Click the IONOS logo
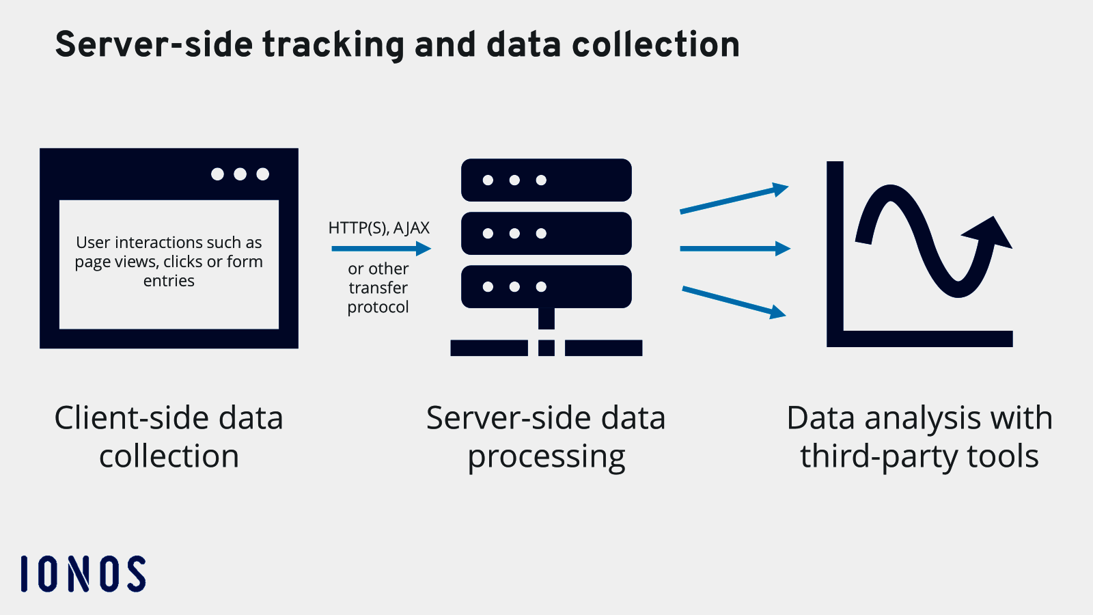pos(83,573)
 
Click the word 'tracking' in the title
pos(333,45)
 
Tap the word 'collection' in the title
pos(655,45)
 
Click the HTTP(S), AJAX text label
pos(378,228)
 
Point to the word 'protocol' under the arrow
pos(378,307)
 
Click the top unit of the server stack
pos(546,180)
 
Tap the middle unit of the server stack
pos(546,234)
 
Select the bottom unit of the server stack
pos(546,287)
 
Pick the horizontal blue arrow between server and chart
pos(734,249)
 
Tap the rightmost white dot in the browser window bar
pos(262,174)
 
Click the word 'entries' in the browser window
pos(169,281)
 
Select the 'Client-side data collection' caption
pos(169,437)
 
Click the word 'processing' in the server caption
pos(546,457)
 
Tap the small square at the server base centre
pos(546,348)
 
